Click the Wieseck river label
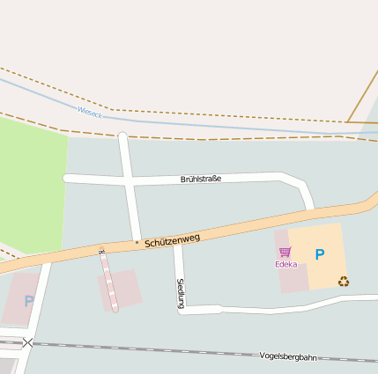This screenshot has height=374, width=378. pyautogui.click(x=89, y=112)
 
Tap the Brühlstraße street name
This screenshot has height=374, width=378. pyautogui.click(x=200, y=179)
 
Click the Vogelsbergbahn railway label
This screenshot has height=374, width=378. pyautogui.click(x=289, y=356)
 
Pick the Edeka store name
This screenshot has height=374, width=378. pyautogui.click(x=285, y=264)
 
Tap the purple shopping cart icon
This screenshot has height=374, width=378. pyautogui.click(x=285, y=253)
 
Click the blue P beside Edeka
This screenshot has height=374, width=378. pyautogui.click(x=320, y=255)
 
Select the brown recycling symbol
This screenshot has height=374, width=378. pyautogui.click(x=343, y=281)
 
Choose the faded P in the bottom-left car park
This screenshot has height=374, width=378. pyautogui.click(x=28, y=301)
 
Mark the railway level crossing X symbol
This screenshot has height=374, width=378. pyautogui.click(x=28, y=342)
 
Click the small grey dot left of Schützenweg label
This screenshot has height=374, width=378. pyautogui.click(x=137, y=241)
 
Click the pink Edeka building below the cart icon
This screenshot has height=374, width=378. pyautogui.click(x=293, y=278)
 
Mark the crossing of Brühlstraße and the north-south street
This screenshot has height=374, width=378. pyautogui.click(x=130, y=180)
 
